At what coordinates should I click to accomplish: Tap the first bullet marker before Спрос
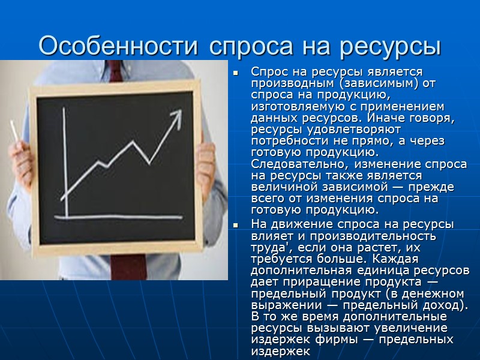click(x=236, y=73)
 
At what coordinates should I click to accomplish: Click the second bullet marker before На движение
click(x=236, y=224)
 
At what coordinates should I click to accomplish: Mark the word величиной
click(x=280, y=187)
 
